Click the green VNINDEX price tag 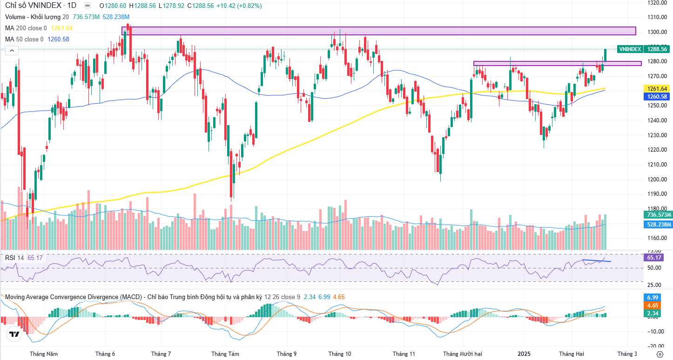630,49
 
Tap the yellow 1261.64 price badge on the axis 657,88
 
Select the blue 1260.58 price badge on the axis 657,97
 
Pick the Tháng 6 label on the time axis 105,353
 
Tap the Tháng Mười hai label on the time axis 462,353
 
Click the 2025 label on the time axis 524,353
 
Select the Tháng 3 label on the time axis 627,353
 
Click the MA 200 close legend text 26,28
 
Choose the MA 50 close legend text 24,40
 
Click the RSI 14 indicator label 14,258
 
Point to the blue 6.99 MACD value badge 653,297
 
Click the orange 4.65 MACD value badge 653,306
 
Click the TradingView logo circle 14,334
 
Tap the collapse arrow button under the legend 12,51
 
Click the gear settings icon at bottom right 660,354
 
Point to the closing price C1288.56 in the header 201,6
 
